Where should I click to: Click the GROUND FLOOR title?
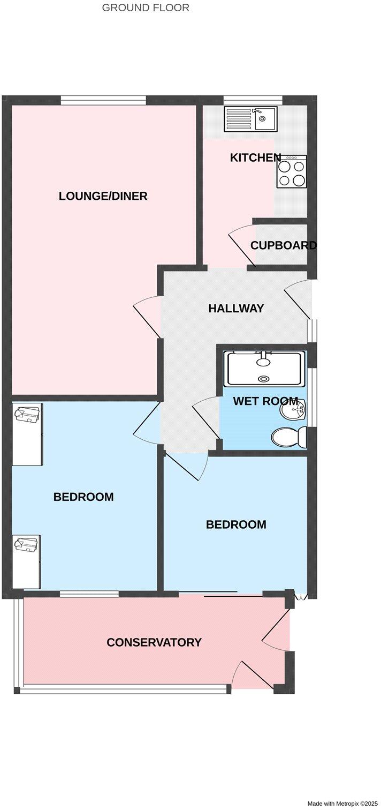(x=145, y=8)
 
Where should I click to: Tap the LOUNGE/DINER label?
(x=103, y=196)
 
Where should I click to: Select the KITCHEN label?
(x=255, y=157)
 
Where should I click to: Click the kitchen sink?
(x=250, y=118)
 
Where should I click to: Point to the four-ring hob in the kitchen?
(x=292, y=172)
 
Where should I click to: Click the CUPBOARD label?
(x=283, y=245)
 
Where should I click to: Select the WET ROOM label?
(x=265, y=401)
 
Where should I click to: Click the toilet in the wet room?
(x=289, y=437)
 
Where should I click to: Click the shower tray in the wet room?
(x=264, y=369)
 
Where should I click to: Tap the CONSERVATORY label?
(x=154, y=642)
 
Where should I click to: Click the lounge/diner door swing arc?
(x=146, y=316)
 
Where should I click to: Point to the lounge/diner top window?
(x=103, y=99)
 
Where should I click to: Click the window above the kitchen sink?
(x=253, y=99)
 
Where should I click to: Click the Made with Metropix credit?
(x=342, y=804)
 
